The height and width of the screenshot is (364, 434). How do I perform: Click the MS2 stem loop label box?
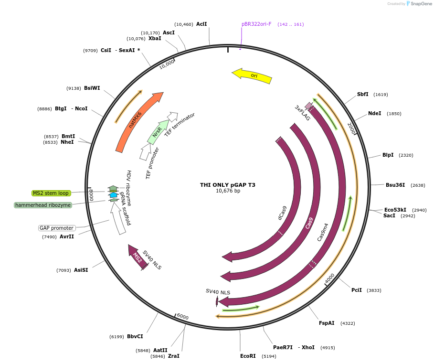click(51, 193)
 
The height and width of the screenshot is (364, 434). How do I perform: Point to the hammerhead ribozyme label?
click(43, 205)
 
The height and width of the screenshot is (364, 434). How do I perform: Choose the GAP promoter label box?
click(57, 228)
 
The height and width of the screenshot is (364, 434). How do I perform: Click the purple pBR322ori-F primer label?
click(256, 24)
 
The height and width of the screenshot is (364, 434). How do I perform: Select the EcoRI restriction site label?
click(248, 356)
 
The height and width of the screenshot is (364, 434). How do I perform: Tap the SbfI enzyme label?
click(363, 94)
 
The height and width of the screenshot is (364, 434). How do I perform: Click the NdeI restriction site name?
click(374, 113)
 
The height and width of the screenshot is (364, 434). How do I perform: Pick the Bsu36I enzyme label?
click(395, 185)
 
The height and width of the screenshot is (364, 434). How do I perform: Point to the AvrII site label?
click(67, 236)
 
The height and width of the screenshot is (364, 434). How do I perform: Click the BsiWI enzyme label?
click(92, 88)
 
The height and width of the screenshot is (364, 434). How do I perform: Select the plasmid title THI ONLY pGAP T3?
click(228, 185)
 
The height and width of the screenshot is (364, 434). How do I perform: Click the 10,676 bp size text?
click(228, 191)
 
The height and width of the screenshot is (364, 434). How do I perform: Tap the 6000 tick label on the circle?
click(182, 317)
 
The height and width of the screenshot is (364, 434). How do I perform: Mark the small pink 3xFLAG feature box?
click(308, 106)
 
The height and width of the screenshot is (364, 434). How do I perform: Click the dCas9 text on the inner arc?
click(283, 213)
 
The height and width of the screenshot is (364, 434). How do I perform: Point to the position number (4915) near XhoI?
click(328, 348)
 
